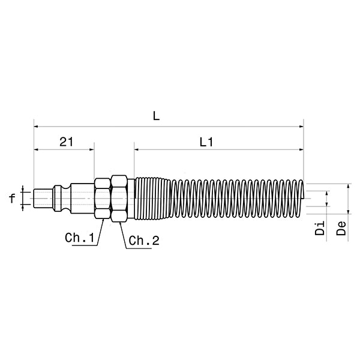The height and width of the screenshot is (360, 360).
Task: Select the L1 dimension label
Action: (x=207, y=142)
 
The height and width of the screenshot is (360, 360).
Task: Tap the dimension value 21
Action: (x=66, y=142)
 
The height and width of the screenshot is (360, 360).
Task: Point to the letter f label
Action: (x=13, y=197)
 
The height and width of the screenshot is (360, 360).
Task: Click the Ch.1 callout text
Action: (x=80, y=238)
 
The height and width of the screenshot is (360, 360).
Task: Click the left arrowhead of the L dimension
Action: (x=37, y=127)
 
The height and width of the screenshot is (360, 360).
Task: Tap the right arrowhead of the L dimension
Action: (x=301, y=127)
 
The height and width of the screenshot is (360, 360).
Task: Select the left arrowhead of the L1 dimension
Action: (x=137, y=149)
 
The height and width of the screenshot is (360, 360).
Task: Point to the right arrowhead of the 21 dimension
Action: (x=92, y=149)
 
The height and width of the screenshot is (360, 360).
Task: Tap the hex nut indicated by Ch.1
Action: (x=103, y=197)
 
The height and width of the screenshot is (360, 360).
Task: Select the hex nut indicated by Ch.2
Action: (x=118, y=197)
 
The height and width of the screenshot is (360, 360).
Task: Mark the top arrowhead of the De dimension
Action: (x=349, y=187)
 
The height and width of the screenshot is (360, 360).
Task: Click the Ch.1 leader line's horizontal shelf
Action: (x=81, y=245)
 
